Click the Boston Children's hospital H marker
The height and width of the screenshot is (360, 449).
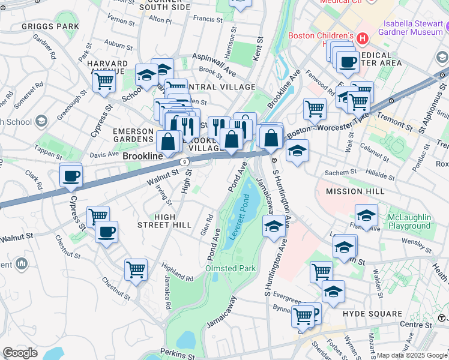click(x=362, y=38)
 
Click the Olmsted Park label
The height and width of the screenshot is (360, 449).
click(x=231, y=268)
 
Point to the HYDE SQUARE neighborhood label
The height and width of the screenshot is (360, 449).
click(x=372, y=314)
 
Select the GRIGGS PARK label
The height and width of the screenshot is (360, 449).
click(x=50, y=26)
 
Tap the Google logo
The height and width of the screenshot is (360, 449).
click(x=20, y=353)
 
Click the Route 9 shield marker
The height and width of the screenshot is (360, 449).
click(x=185, y=161)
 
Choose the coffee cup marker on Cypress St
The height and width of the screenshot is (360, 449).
click(x=71, y=176)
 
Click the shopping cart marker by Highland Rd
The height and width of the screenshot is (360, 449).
click(x=136, y=269)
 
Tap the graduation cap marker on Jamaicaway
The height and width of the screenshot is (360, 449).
click(x=273, y=227)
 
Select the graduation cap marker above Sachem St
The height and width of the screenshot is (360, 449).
click(x=297, y=151)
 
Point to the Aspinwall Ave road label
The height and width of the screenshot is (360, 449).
click(x=214, y=63)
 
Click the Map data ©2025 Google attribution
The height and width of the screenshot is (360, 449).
click(x=405, y=355)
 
